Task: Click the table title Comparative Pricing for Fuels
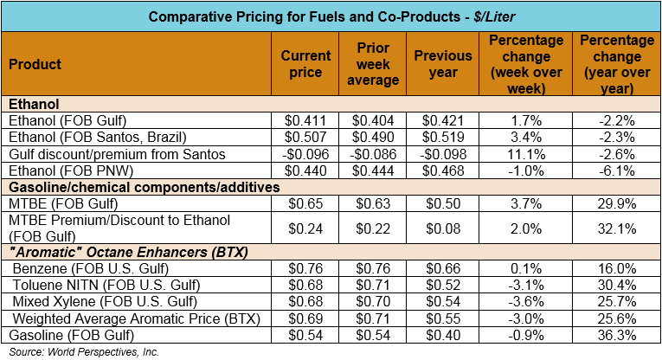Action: tap(330, 17)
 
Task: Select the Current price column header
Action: tap(306, 64)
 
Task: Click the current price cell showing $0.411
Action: tap(306, 121)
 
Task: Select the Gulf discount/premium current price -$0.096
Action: tap(306, 154)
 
